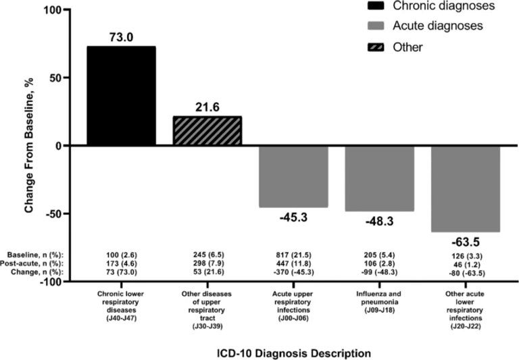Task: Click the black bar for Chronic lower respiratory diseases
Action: click(122, 96)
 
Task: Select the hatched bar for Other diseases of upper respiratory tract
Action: click(207, 131)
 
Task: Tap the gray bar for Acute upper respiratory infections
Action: click(294, 176)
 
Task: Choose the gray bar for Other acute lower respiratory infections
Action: click(466, 188)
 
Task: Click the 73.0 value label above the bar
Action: click(122, 38)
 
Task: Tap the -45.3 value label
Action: click(294, 217)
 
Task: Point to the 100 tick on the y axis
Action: click(52, 10)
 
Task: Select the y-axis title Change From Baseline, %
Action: click(30, 146)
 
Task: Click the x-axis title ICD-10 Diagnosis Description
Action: click(294, 353)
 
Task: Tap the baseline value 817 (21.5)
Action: click(294, 255)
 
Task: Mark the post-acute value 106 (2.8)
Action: click(380, 263)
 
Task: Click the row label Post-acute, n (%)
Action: click(36, 263)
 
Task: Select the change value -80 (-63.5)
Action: click(466, 274)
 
